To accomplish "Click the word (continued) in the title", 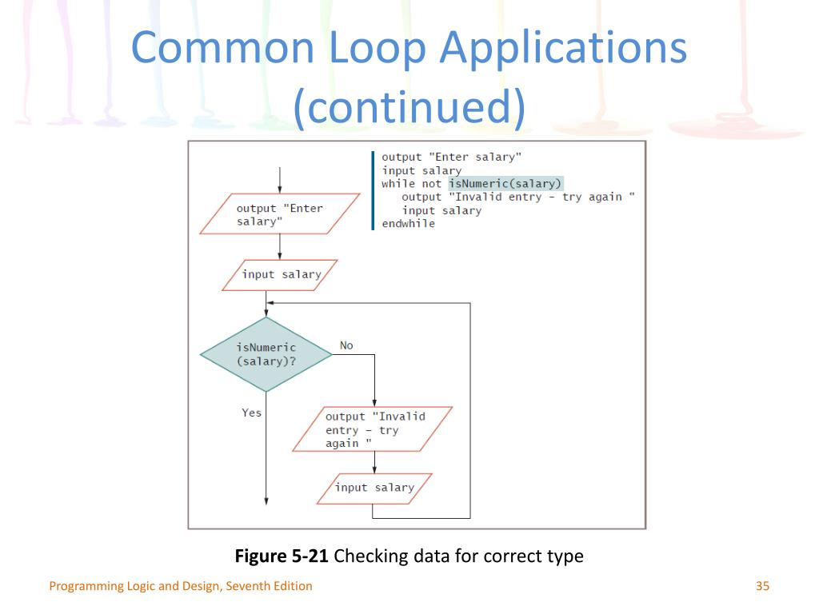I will (409, 108).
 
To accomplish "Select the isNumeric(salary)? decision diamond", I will (266, 354).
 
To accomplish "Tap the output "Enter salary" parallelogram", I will (280, 214).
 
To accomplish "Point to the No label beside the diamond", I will (346, 345).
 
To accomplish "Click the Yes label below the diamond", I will (251, 413).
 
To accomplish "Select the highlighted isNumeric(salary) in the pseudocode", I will (505, 183).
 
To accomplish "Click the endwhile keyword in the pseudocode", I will (408, 224).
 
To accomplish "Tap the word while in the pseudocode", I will (398, 183).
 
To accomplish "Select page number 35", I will (761, 586).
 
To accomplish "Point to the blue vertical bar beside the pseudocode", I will (373, 190).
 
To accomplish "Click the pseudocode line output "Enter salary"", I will (446, 157).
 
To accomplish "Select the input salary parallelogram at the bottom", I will (374, 488).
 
